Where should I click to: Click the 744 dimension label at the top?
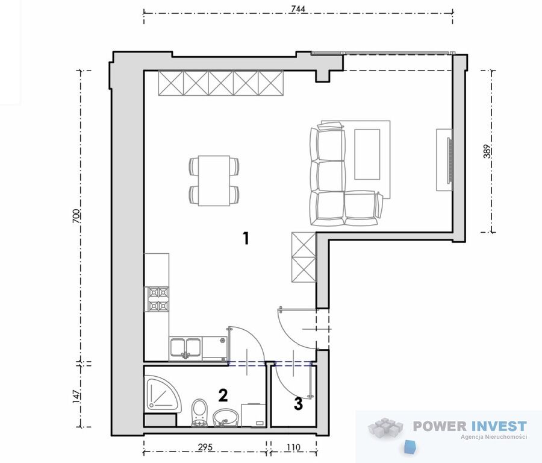pos(298,9)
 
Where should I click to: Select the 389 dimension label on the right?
pos(487,151)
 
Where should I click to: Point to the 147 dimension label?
pos(76,396)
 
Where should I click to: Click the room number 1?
pos(246,238)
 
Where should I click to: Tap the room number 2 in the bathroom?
pos(223,395)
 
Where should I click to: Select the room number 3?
pos(298,404)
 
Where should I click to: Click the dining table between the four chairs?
pos(214,181)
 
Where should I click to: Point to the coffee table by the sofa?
pos(367,154)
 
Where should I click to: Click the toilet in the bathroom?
pos(199,412)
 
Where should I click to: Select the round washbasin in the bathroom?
pos(226,418)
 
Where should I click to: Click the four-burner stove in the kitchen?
pos(158,299)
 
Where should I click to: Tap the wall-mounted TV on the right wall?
pos(449,160)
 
